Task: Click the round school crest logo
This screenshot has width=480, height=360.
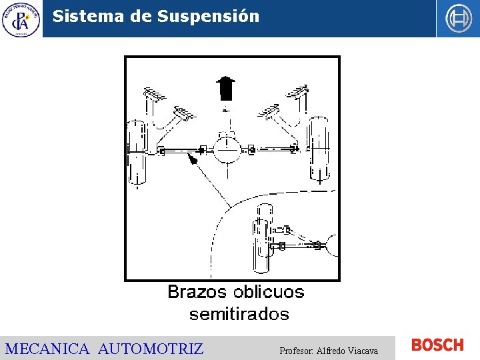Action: [21, 19]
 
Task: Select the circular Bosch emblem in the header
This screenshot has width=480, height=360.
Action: [458, 19]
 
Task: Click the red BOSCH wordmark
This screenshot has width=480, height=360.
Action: [437, 345]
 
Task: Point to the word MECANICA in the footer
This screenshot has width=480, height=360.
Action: [47, 349]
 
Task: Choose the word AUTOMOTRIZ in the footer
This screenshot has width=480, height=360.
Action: [151, 349]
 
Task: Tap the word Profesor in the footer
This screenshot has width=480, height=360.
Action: [296, 351]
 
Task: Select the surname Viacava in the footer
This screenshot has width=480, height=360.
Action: [364, 351]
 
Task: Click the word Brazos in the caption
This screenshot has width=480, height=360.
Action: [196, 292]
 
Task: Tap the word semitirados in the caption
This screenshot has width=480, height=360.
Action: [239, 313]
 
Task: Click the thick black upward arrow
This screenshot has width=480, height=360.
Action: [226, 87]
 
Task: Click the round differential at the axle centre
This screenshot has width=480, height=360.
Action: [227, 150]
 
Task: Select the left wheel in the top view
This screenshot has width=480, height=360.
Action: [137, 152]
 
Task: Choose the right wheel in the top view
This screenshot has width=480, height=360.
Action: [319, 148]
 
